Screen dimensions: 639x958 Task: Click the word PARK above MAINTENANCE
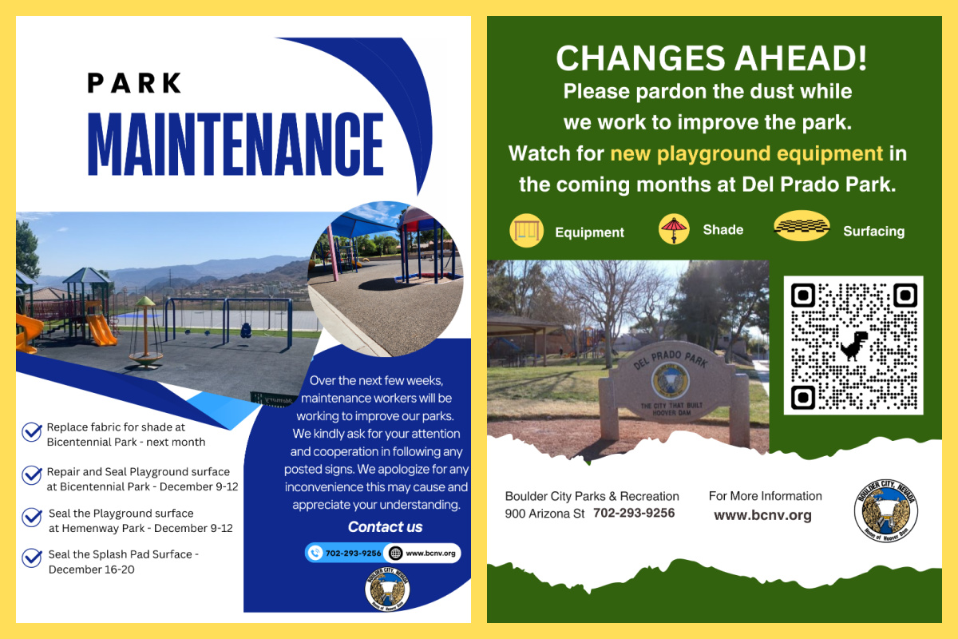pos(135,82)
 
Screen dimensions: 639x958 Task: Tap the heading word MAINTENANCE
pos(236,145)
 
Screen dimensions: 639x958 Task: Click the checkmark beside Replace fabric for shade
pos(32,432)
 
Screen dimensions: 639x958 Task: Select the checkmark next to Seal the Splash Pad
pos(32,557)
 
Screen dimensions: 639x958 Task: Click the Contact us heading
pos(385,527)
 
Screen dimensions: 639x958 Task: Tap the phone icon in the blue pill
pos(316,553)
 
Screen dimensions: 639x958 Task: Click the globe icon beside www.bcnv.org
pos(394,553)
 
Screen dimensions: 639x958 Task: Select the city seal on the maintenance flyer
pos(387,591)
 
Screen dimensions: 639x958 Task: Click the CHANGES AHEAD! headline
pos(711,59)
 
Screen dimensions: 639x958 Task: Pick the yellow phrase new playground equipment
pos(746,153)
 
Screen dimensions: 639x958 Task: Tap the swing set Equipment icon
pos(526,231)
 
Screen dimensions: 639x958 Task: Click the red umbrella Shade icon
pos(674,229)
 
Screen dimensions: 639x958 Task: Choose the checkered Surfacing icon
pos(802,226)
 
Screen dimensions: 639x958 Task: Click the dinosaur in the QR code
pos(853,345)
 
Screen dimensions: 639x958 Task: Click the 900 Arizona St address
pos(544,514)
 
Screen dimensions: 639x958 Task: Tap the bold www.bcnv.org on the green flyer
pos(762,515)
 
